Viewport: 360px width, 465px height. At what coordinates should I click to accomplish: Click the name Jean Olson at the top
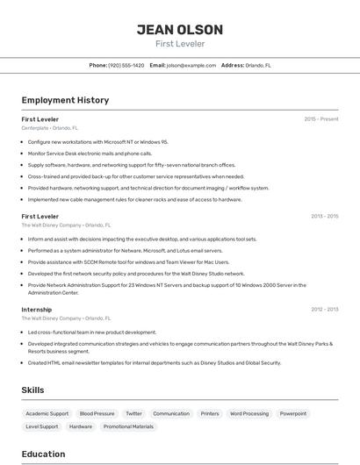[179, 29]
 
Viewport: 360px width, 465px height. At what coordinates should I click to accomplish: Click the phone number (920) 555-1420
[126, 65]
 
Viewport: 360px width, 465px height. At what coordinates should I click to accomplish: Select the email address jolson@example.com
[191, 65]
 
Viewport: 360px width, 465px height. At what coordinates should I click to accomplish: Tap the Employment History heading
[65, 100]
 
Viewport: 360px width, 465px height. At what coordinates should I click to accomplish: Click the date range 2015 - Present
[321, 118]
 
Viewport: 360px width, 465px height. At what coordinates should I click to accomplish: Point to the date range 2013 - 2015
[324, 216]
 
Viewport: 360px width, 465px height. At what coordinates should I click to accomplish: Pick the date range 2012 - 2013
[324, 309]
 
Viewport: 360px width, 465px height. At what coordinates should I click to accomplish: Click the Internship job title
[37, 309]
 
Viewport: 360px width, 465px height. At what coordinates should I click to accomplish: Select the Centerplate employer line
[49, 128]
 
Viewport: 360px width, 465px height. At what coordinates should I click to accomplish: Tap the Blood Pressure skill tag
[97, 413]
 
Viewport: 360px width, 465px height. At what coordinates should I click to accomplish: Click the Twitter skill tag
[133, 413]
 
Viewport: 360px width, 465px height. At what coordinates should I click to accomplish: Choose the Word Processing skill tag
[249, 413]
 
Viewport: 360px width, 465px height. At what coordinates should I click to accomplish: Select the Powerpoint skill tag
[293, 413]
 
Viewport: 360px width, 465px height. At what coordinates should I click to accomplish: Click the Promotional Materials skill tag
[128, 426]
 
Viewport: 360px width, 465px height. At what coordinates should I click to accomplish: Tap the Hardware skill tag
[81, 426]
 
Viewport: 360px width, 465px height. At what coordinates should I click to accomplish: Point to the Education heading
[43, 454]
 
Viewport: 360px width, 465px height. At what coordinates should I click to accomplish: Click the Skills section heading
[33, 390]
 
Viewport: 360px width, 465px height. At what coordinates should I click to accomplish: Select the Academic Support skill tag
[47, 413]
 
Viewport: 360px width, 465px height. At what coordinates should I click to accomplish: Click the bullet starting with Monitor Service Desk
[90, 153]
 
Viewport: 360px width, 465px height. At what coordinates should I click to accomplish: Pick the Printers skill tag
[210, 413]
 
